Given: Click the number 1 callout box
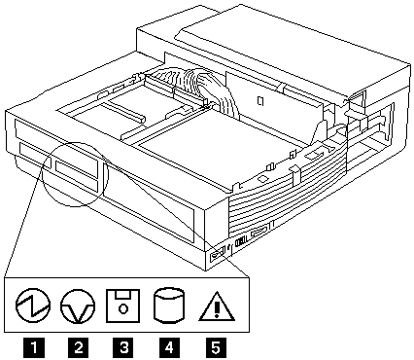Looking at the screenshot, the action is point(34,348).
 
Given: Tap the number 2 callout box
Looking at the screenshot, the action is point(79,348).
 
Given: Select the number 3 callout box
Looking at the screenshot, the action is point(123,348).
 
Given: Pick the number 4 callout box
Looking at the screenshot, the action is point(169,348).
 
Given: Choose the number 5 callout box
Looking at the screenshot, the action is point(216,348).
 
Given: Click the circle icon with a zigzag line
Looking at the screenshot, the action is point(33,306).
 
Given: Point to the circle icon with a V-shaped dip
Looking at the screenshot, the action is point(78,306).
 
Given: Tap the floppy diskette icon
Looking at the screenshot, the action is point(122,306).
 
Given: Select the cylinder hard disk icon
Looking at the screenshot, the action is point(168,306).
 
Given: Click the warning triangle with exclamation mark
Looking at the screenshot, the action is point(217,306).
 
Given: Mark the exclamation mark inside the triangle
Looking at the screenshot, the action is point(217,307).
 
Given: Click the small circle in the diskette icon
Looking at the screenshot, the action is point(122,308).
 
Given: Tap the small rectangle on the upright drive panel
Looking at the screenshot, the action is point(260,101).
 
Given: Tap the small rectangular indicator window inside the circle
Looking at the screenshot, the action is point(77,169).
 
